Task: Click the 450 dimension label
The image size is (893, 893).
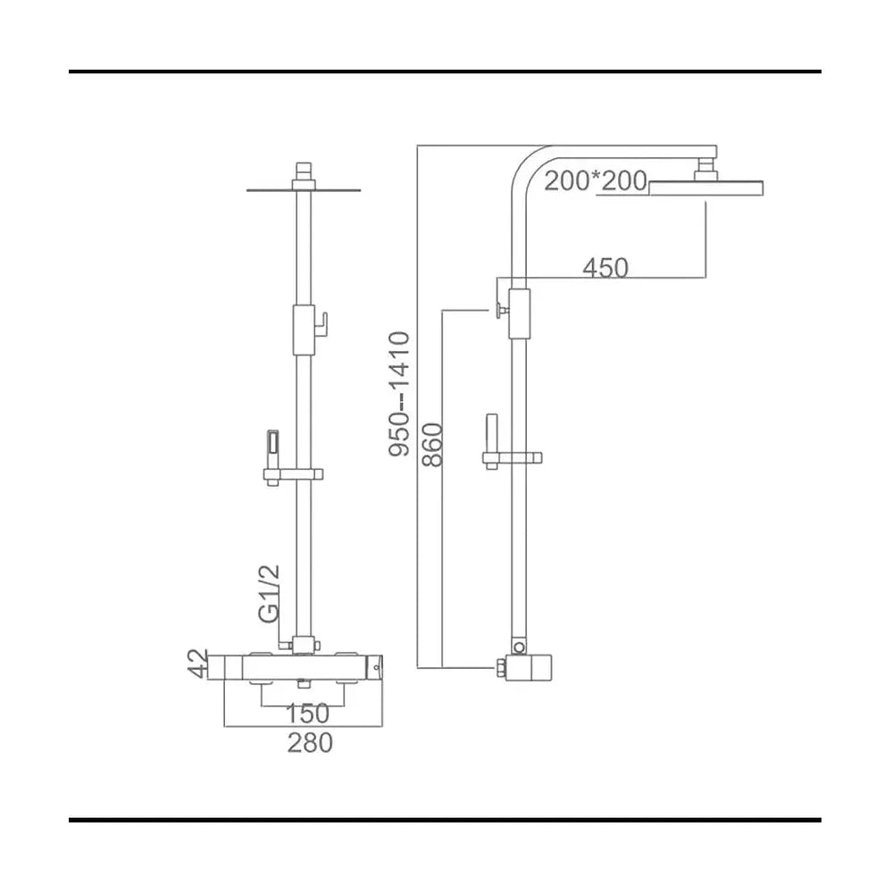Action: (605, 267)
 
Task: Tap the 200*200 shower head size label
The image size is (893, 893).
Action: (596, 181)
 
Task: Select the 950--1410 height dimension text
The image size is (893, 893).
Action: (399, 394)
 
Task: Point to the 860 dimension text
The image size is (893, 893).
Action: (433, 444)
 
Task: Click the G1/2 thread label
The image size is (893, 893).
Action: (269, 594)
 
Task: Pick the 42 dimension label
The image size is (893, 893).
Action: (198, 663)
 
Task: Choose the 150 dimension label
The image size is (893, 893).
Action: (307, 713)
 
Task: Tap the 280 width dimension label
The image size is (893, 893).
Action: (310, 743)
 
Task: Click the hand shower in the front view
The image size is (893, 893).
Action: (272, 450)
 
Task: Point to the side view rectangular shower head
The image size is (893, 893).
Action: (706, 188)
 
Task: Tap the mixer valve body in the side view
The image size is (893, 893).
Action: (529, 667)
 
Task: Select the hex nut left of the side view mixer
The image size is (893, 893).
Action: (501, 667)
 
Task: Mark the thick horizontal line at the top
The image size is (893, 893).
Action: (445, 71)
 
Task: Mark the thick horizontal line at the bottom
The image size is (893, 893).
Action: (445, 820)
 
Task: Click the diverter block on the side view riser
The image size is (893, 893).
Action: (520, 313)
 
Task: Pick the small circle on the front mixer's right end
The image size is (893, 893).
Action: (375, 667)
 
